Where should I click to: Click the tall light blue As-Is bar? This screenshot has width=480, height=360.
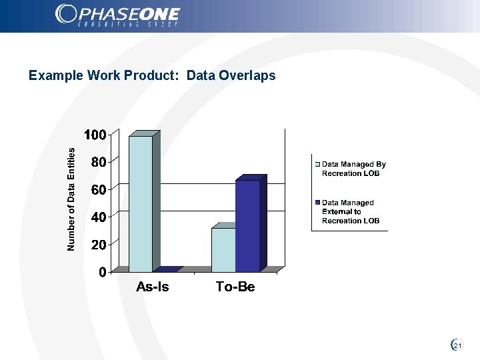pos(140,203)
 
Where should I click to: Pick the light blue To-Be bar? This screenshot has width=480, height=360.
pos(223,249)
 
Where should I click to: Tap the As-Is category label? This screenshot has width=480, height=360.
pos(152,287)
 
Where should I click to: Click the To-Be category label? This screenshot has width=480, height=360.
pos(235,287)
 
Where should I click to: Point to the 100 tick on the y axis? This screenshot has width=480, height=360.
pos(95,135)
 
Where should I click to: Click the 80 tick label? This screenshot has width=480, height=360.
pos(98,162)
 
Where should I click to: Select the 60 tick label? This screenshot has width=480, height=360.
pos(98,189)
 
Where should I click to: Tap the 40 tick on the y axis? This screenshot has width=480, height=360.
pos(98,217)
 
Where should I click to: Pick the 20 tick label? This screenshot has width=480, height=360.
pos(98,245)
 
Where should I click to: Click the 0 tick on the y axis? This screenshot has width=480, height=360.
pos(102,272)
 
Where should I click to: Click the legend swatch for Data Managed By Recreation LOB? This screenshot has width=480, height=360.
pos(317,164)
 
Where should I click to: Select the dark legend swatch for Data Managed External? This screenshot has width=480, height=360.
pos(317,203)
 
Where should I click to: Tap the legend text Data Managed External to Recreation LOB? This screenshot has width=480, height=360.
pos(349,211)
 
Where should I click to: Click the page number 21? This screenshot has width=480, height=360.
pos(457,345)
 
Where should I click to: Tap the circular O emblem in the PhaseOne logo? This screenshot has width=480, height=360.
pos(67,13)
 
